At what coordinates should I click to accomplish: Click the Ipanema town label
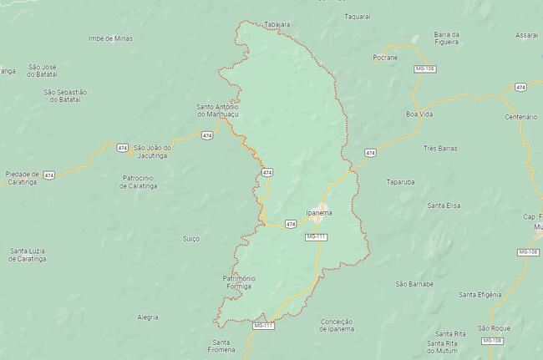[319, 214]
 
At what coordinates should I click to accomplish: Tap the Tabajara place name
[277, 25]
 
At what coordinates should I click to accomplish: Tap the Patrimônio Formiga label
[239, 281]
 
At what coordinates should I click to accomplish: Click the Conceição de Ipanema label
[337, 324]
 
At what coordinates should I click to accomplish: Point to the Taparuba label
[401, 181]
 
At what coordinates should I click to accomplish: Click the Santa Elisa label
[444, 205]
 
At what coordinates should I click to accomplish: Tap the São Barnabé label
[414, 283]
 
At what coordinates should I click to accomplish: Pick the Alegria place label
[147, 317]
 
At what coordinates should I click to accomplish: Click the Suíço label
[190, 238]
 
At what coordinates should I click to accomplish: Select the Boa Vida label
[419, 113]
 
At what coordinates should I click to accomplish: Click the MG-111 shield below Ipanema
[316, 237]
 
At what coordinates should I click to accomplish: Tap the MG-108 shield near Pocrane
[425, 69]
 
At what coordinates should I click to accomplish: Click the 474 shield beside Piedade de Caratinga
[49, 175]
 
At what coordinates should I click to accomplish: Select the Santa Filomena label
[221, 347]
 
